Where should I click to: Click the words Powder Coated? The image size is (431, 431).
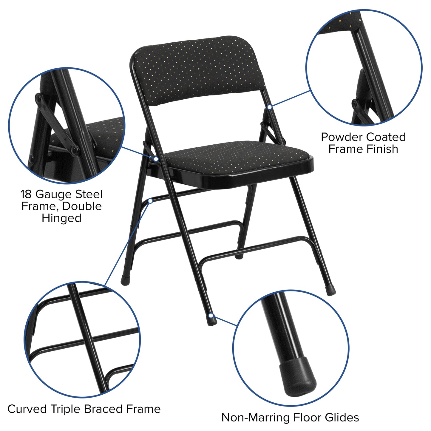[x=363, y=137]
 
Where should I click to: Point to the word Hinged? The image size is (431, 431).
[x=61, y=218]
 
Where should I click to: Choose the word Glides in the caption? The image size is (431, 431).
[x=342, y=417]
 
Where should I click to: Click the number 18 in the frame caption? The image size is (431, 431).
[x=26, y=194]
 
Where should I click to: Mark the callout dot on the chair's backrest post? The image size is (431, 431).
[x=269, y=107]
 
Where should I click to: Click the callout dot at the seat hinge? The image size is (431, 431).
[x=156, y=159]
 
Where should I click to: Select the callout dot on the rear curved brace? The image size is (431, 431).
[x=150, y=201]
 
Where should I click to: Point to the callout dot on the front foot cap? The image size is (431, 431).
[x=211, y=316]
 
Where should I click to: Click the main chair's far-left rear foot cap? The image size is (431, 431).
[x=125, y=281]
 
